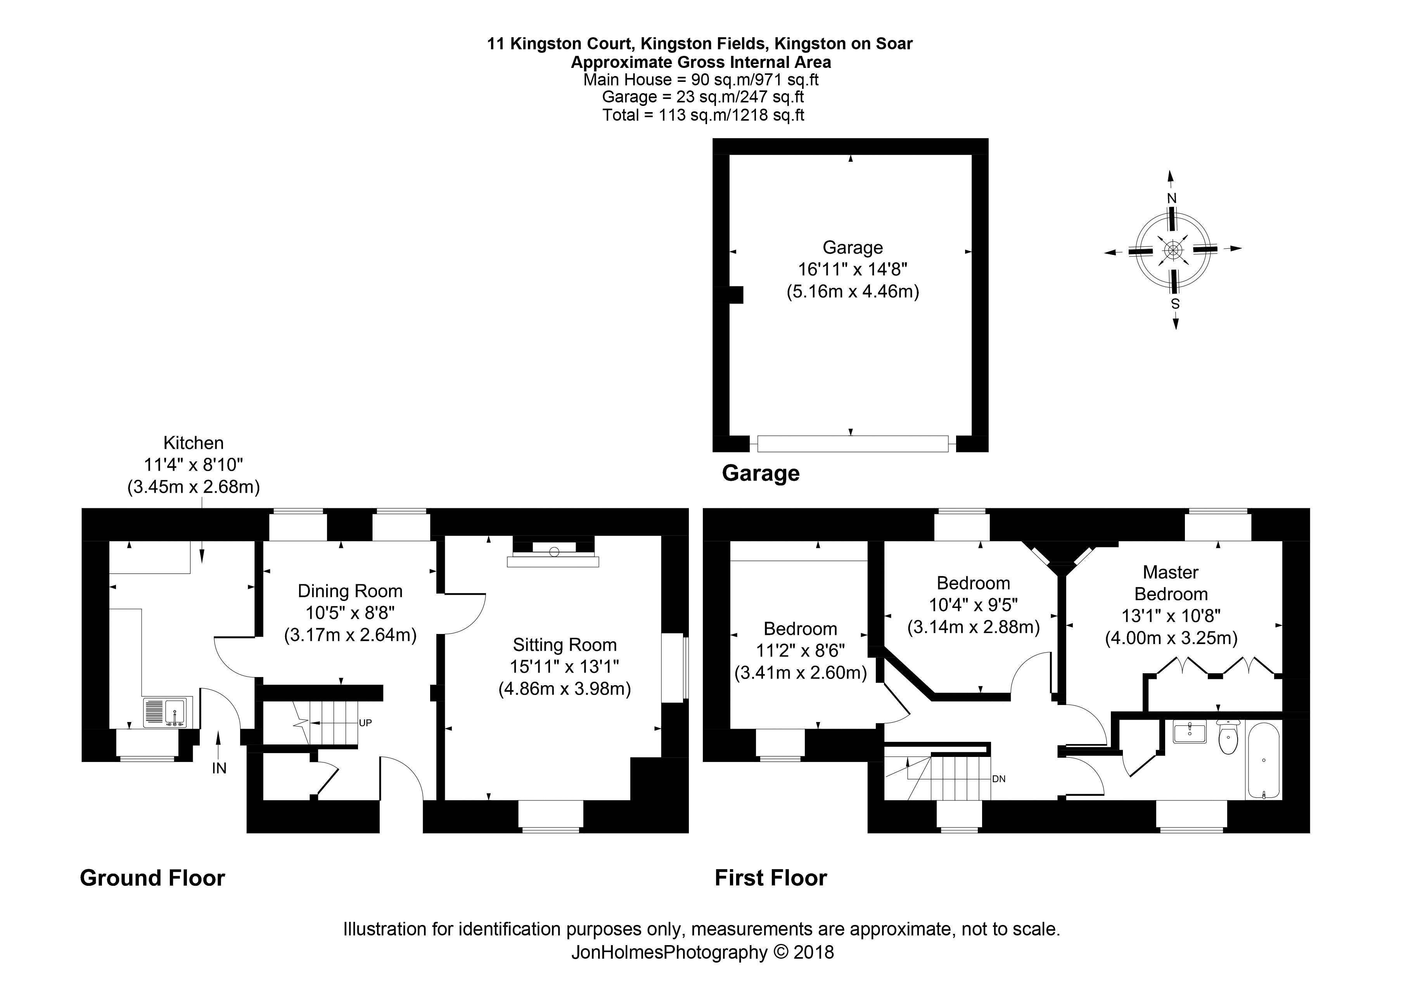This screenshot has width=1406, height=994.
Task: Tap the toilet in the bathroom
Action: pyautogui.click(x=1228, y=739)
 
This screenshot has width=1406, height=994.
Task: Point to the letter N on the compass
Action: pyautogui.click(x=1171, y=198)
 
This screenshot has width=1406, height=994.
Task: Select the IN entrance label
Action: pyautogui.click(x=219, y=768)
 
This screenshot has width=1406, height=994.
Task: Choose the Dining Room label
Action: pyautogui.click(x=350, y=591)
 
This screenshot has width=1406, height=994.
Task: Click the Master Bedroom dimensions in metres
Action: pyautogui.click(x=1171, y=638)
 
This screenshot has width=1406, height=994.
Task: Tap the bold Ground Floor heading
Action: pyautogui.click(x=152, y=878)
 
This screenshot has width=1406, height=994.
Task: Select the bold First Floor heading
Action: pyautogui.click(x=770, y=878)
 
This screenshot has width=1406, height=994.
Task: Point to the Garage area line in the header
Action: pyautogui.click(x=702, y=97)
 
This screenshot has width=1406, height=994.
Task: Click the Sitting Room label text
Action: pyautogui.click(x=564, y=645)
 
